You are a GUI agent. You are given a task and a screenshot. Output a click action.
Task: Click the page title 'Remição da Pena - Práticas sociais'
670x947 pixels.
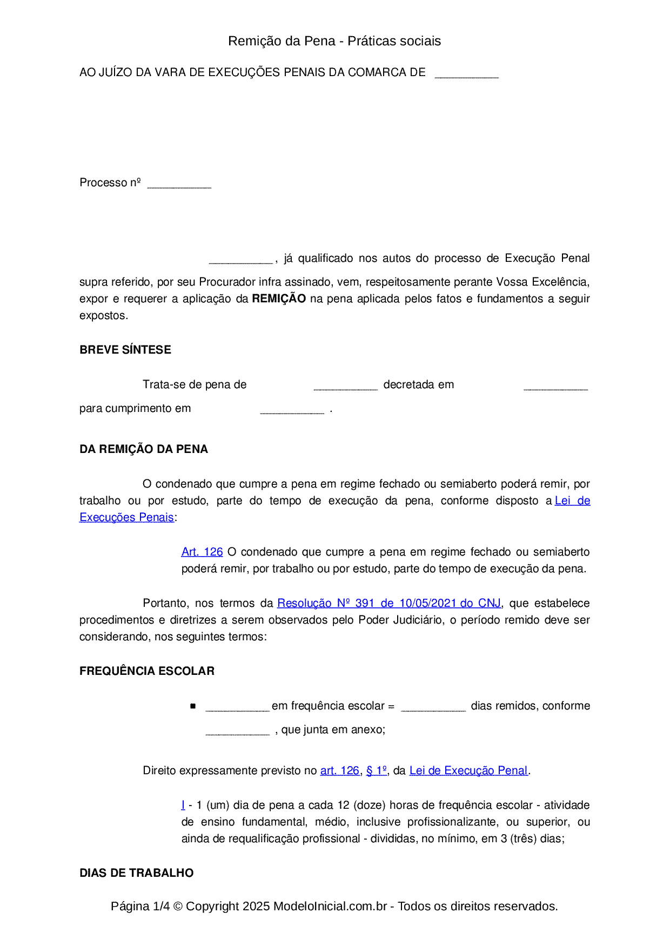point(334,41)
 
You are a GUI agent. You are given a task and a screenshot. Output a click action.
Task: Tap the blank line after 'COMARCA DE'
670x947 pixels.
point(466,75)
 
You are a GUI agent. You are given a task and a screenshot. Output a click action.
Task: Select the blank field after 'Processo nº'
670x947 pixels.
point(179,185)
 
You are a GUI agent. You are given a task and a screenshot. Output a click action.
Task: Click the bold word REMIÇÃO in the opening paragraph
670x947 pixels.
point(279,299)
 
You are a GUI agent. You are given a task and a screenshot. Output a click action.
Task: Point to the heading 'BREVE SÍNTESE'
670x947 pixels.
point(125,350)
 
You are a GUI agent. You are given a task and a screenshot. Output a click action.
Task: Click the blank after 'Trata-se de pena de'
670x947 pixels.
point(345,386)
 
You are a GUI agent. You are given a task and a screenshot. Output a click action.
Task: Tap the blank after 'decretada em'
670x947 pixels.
point(555,386)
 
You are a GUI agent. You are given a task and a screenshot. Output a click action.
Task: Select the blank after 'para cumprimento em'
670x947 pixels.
point(292,410)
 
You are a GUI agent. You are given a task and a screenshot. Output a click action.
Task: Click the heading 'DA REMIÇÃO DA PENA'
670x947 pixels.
point(144,449)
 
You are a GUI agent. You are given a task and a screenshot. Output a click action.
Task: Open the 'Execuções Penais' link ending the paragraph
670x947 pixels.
point(126,517)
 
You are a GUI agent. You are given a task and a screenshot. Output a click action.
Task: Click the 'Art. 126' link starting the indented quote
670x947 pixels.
point(202,552)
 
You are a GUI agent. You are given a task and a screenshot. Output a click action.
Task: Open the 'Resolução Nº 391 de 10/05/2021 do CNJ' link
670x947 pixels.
point(389,603)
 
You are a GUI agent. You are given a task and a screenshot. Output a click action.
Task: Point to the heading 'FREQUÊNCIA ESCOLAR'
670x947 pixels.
point(147,671)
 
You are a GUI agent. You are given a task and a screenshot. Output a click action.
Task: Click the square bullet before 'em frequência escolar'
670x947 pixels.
point(193,706)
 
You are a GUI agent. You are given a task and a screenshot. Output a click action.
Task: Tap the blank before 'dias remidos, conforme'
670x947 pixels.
point(433,708)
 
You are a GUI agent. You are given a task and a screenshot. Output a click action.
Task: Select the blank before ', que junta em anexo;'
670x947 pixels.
point(237,732)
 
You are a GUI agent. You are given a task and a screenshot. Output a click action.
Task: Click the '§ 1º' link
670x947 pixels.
point(377,770)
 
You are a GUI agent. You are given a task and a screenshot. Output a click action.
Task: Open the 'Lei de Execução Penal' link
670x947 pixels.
point(468,770)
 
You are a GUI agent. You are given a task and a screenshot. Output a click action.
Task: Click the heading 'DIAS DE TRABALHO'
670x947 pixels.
point(137,873)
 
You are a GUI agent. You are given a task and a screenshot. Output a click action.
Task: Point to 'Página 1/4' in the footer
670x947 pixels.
point(140,906)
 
